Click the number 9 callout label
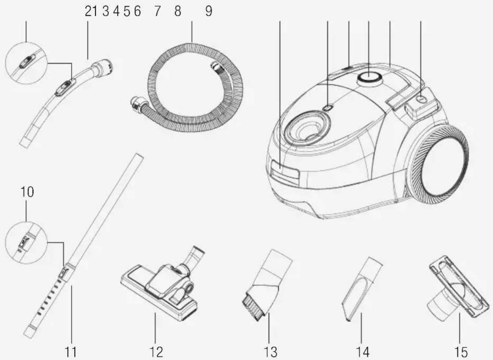tap(209, 11)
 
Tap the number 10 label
tap(27, 192)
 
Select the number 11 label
tap(71, 352)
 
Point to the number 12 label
tap(156, 352)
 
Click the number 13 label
tap(270, 352)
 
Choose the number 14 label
tap(362, 352)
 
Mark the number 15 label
tap(461, 352)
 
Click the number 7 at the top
tap(157, 11)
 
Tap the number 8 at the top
tap(178, 11)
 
